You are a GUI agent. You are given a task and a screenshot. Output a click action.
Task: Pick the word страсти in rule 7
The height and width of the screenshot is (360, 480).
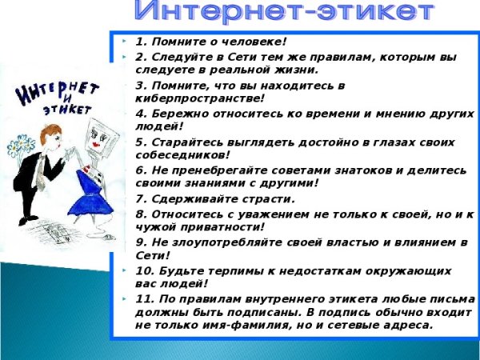coord(266,198)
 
